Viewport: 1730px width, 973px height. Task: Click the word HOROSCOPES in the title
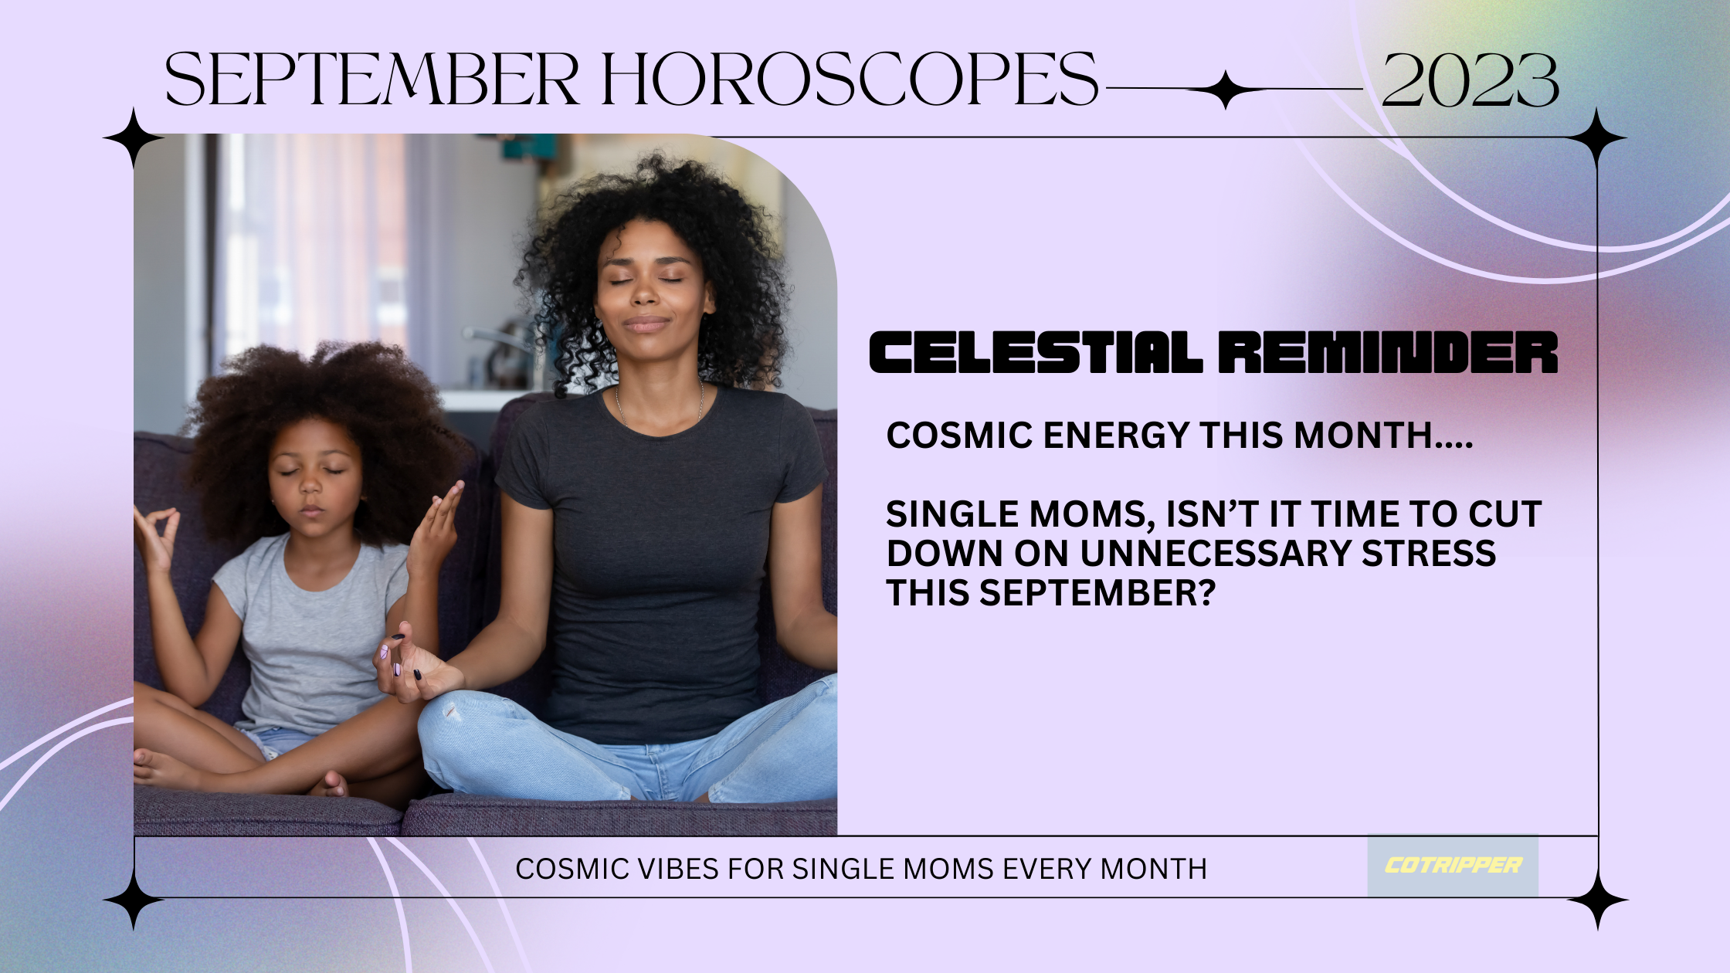pyautogui.click(x=850, y=79)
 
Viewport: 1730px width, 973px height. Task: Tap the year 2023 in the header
pyautogui.click(x=1470, y=80)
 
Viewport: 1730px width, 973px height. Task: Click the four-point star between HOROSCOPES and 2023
pyautogui.click(x=1226, y=90)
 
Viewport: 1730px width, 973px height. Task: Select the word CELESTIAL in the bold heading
pyautogui.click(x=1035, y=352)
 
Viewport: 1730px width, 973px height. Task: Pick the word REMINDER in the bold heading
pyautogui.click(x=1389, y=352)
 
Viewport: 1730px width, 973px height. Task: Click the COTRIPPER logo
pyautogui.click(x=1453, y=866)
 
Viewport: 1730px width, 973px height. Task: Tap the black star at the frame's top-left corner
pyautogui.click(x=134, y=139)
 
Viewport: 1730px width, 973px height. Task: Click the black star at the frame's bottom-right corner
pyautogui.click(x=1597, y=900)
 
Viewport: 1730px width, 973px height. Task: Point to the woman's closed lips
pyautogui.click(x=646, y=324)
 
